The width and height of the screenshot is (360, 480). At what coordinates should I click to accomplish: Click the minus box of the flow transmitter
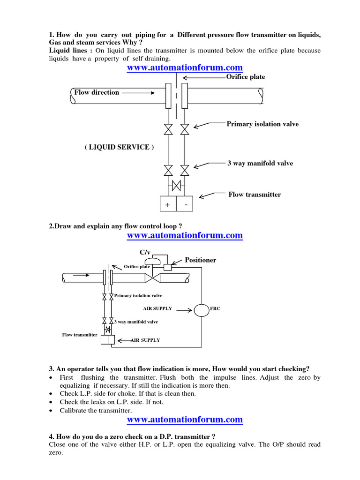(x=185, y=204)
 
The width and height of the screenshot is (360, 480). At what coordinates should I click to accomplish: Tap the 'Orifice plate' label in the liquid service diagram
(x=245, y=77)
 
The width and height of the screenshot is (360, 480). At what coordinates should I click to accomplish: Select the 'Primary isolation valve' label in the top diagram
(x=262, y=124)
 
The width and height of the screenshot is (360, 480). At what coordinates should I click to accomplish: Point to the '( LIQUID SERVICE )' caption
(x=119, y=147)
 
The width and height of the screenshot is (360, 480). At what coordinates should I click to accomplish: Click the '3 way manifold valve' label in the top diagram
(x=260, y=163)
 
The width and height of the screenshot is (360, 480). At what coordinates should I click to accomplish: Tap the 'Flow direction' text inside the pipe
(x=97, y=92)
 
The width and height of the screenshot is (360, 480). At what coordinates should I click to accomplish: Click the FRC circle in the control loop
(x=202, y=310)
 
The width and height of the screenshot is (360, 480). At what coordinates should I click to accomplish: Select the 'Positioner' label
(x=201, y=260)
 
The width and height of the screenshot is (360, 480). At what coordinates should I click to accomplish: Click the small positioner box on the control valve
(x=168, y=267)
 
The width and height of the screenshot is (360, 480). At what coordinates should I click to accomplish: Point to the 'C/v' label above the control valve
(x=152, y=252)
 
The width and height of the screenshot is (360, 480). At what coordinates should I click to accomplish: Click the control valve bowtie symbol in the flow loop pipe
(x=153, y=279)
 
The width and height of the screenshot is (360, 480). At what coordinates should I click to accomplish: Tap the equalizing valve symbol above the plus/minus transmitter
(x=176, y=186)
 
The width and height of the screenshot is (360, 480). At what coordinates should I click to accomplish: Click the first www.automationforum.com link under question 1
(x=185, y=68)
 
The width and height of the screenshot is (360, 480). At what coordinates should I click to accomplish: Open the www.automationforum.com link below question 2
(x=185, y=235)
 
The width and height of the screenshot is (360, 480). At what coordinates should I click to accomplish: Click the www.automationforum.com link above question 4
(x=185, y=419)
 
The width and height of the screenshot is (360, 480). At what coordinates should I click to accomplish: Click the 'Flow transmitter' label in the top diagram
(x=255, y=195)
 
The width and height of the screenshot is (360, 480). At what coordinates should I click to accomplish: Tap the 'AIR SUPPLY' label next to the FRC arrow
(x=157, y=308)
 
